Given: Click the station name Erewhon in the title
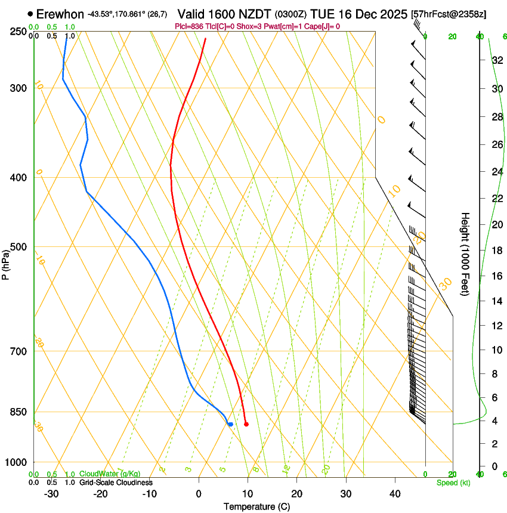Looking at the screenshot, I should click(60, 14).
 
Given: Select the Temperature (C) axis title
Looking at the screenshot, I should click(256, 506).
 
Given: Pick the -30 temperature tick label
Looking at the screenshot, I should click(51, 493).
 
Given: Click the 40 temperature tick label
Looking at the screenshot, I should click(395, 493).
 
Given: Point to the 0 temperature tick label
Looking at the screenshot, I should click(199, 493).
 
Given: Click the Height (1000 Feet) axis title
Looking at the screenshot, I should click(466, 254).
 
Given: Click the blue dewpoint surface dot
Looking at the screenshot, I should click(230, 424).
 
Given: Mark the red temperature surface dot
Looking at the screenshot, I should click(246, 424).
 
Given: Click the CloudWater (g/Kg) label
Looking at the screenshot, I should click(110, 474).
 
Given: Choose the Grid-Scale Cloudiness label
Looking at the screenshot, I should click(116, 482).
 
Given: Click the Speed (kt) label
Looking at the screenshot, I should click(453, 482).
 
